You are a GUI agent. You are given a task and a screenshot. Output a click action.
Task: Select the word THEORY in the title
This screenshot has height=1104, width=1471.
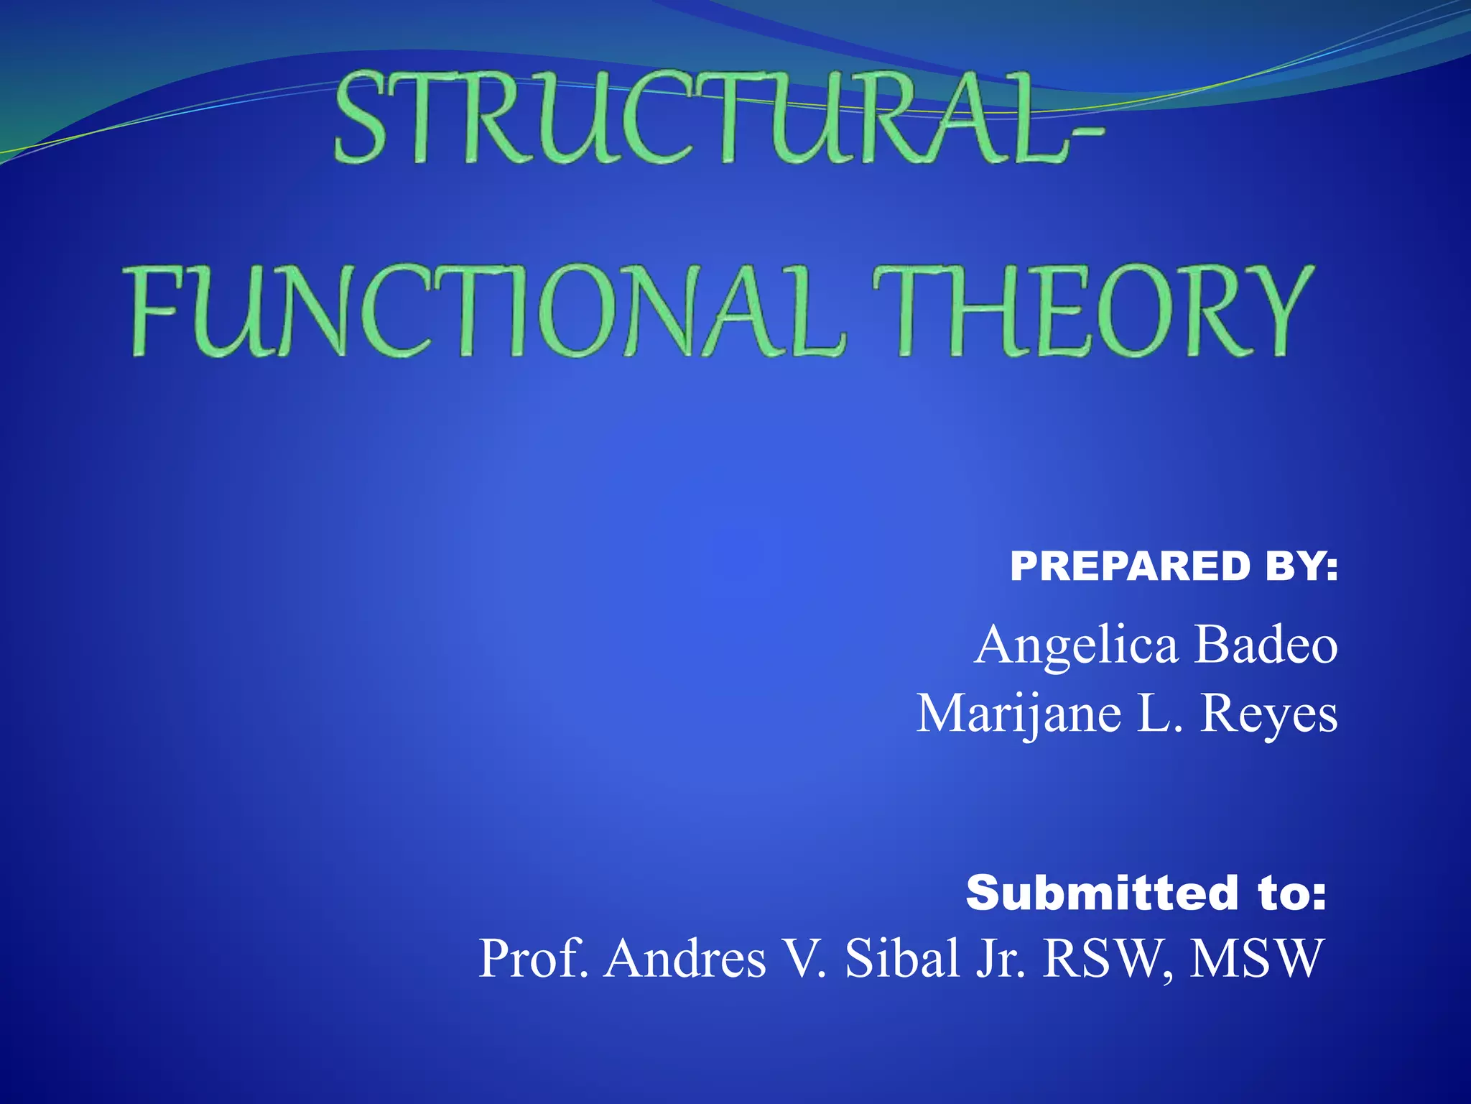[x=1092, y=310]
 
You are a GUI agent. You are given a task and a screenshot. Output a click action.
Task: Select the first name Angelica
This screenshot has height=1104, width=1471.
[x=1076, y=645]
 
